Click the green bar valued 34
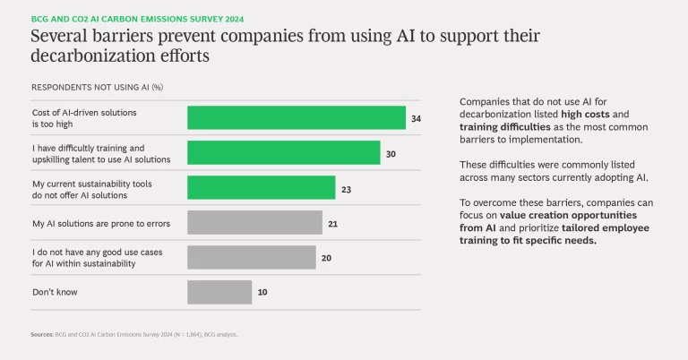[296, 117]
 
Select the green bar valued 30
[283, 152]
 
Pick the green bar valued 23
[261, 187]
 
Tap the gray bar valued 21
[254, 222]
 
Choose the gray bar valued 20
[251, 257]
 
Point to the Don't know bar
[219, 292]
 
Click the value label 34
[416, 117]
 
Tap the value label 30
[391, 152]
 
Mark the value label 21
[332, 222]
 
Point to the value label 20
[326, 257]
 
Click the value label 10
[262, 292]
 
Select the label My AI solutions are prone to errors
[100, 222]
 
